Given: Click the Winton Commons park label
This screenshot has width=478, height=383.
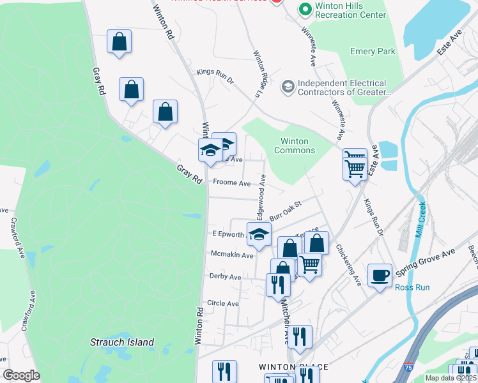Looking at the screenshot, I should pos(294,146).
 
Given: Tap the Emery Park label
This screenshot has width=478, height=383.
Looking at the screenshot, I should pos(373,52).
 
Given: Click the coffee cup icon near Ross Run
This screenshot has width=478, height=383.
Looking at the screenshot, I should pos(380,275).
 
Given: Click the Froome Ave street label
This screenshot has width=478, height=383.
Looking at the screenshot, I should pos(232,183).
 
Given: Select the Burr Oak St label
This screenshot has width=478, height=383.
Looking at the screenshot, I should pos(284,210).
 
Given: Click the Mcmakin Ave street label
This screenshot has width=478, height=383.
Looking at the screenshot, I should pos(233,254).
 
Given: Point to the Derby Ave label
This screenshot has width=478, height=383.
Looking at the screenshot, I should pos(226,277).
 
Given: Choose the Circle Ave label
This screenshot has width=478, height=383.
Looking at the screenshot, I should pos(223,304).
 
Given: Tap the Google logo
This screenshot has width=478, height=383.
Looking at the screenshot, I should pos(21,375).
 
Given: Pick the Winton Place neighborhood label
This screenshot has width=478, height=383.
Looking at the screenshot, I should pos(293,367).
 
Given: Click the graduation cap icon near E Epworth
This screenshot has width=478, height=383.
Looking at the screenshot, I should pos(259,234).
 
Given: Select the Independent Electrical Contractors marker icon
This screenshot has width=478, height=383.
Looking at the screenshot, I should pos(288,86).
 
